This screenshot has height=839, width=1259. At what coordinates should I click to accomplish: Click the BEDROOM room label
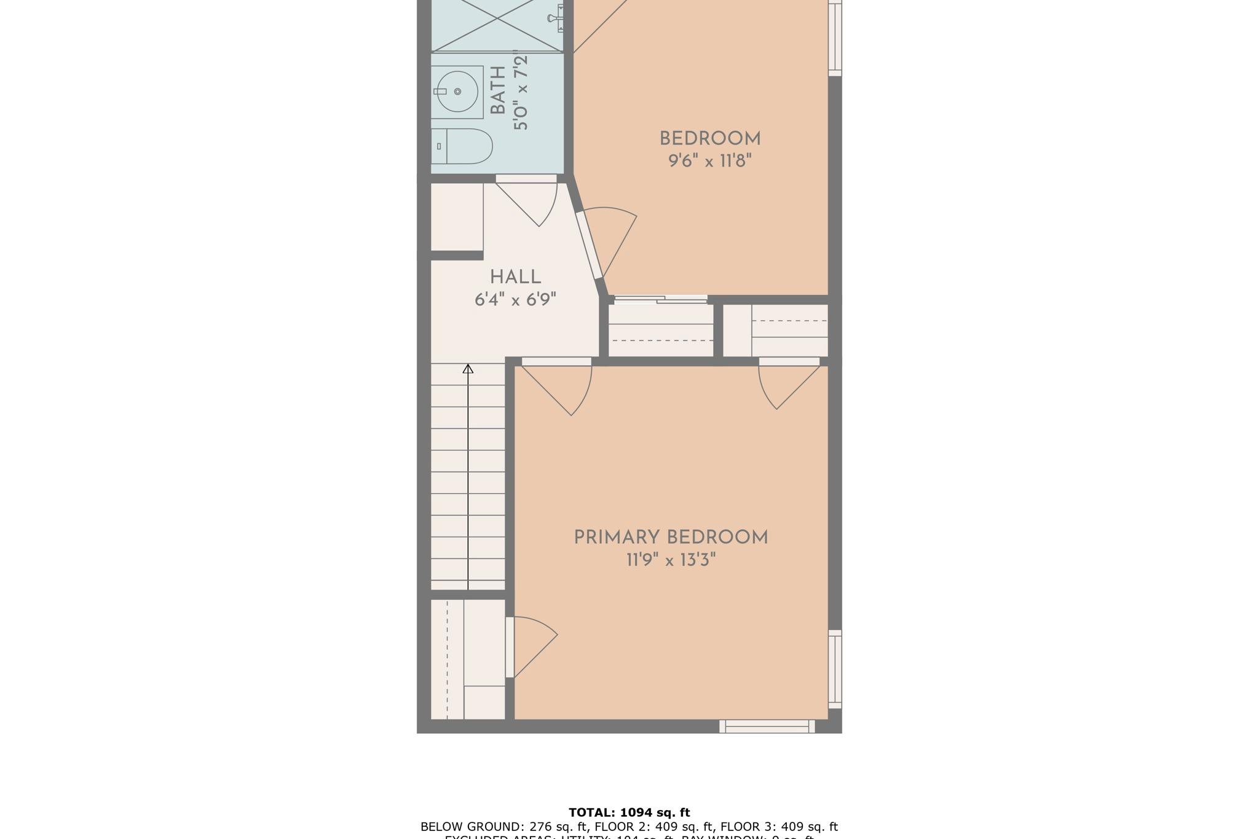coord(709,139)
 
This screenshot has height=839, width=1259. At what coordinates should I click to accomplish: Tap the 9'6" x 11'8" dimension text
coord(709,162)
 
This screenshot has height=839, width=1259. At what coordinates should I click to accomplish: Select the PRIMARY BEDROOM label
coord(671,538)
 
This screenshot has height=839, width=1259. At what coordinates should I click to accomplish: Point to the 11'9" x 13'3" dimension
coord(671,561)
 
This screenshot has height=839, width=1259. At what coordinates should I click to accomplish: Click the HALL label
coord(515,277)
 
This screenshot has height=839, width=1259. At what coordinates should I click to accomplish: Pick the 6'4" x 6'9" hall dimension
coord(515,300)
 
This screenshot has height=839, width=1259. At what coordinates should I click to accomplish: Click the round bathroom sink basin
coord(457,92)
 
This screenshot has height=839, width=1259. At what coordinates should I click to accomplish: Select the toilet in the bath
coord(462,146)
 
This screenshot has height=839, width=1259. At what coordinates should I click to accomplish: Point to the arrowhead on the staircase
coord(468,369)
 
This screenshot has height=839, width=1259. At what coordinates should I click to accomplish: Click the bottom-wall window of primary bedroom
coord(767,727)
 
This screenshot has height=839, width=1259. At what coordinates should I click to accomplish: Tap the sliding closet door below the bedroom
coord(660,299)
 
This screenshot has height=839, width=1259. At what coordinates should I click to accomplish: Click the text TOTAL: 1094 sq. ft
coord(629,813)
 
